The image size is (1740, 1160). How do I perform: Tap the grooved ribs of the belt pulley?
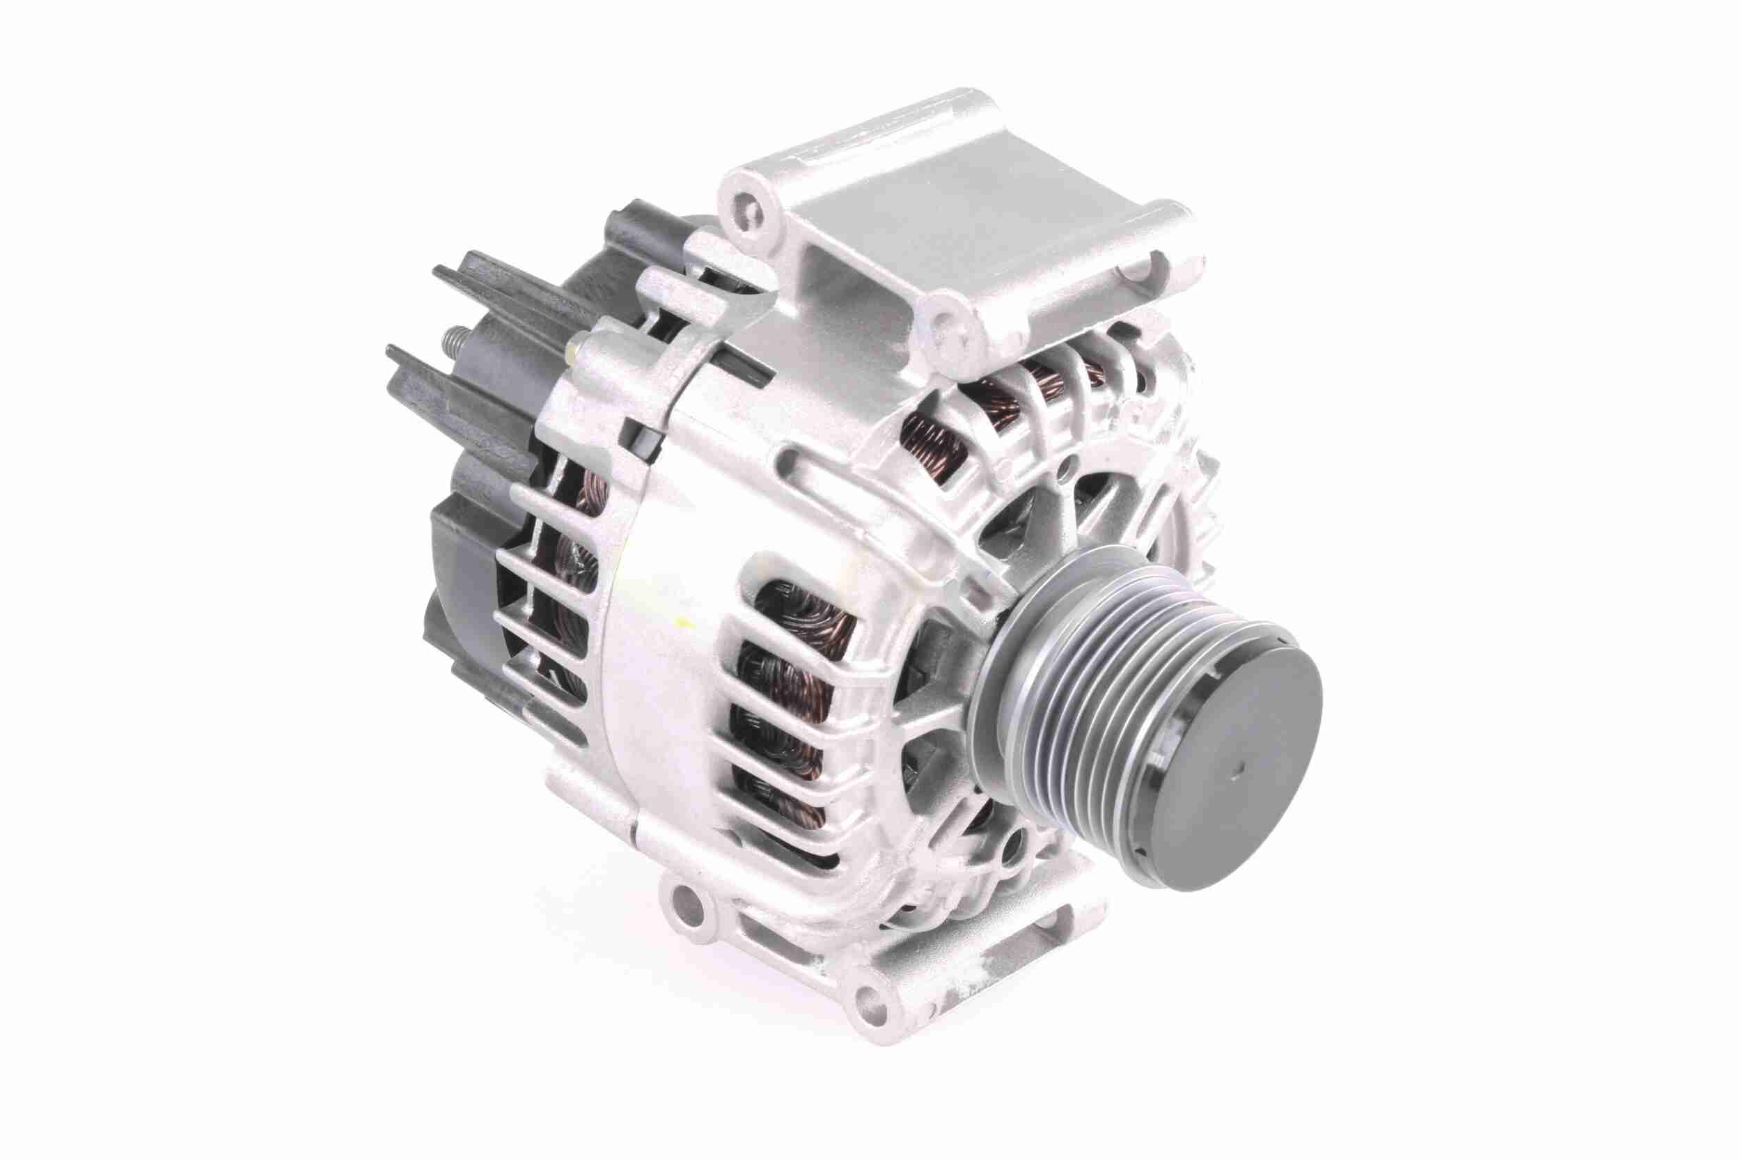(1051, 710)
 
